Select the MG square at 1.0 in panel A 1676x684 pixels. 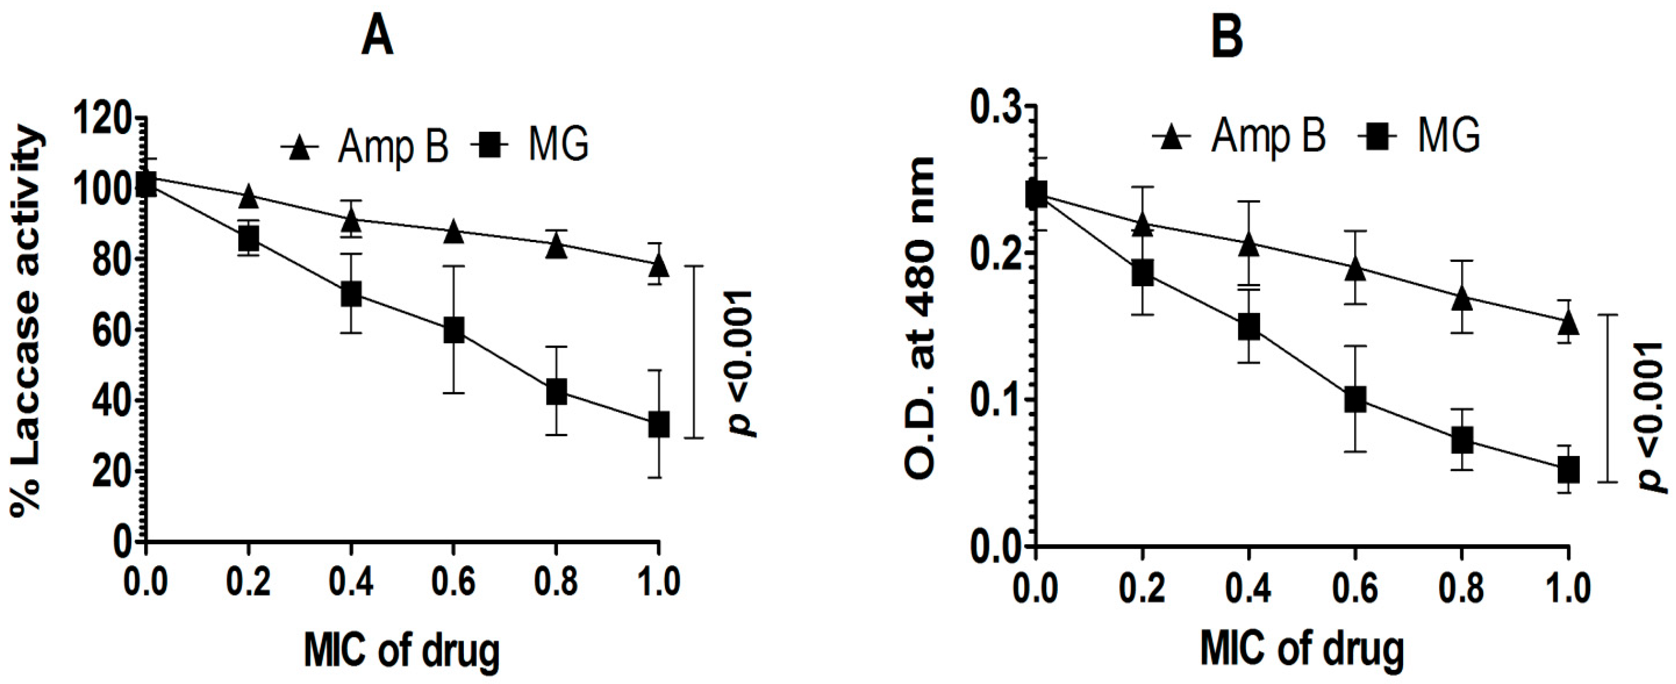tap(659, 425)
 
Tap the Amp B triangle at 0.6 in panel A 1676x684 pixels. tap(453, 232)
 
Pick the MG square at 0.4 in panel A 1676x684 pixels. tap(351, 294)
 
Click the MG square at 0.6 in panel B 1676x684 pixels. tap(1355, 399)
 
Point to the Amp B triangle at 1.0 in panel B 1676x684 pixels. tap(1569, 321)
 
